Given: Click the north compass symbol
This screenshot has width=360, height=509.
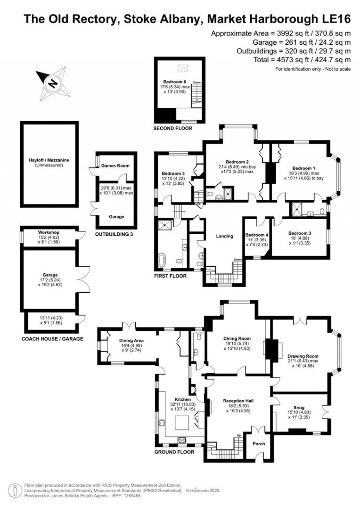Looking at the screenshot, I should (52, 84).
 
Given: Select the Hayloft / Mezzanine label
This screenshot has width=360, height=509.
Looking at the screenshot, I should (49, 160).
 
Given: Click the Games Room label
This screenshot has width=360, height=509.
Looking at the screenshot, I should (115, 166).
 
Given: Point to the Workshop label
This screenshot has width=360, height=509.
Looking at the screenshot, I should (49, 233).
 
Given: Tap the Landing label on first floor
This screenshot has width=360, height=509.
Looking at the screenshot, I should (224, 236).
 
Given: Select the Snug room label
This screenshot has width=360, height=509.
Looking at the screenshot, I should (299, 408).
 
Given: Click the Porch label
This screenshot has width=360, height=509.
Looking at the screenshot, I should (259, 444).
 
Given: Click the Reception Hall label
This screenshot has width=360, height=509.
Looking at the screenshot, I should (238, 401).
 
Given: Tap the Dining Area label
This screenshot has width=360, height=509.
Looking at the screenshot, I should (131, 341).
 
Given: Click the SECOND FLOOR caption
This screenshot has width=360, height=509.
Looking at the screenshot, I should (173, 128).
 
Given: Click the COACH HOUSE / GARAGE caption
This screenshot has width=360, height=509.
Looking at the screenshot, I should (52, 339).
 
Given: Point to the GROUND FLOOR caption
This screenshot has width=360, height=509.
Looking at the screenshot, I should (174, 452).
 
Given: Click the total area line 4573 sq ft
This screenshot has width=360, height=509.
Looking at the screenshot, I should (302, 60).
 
